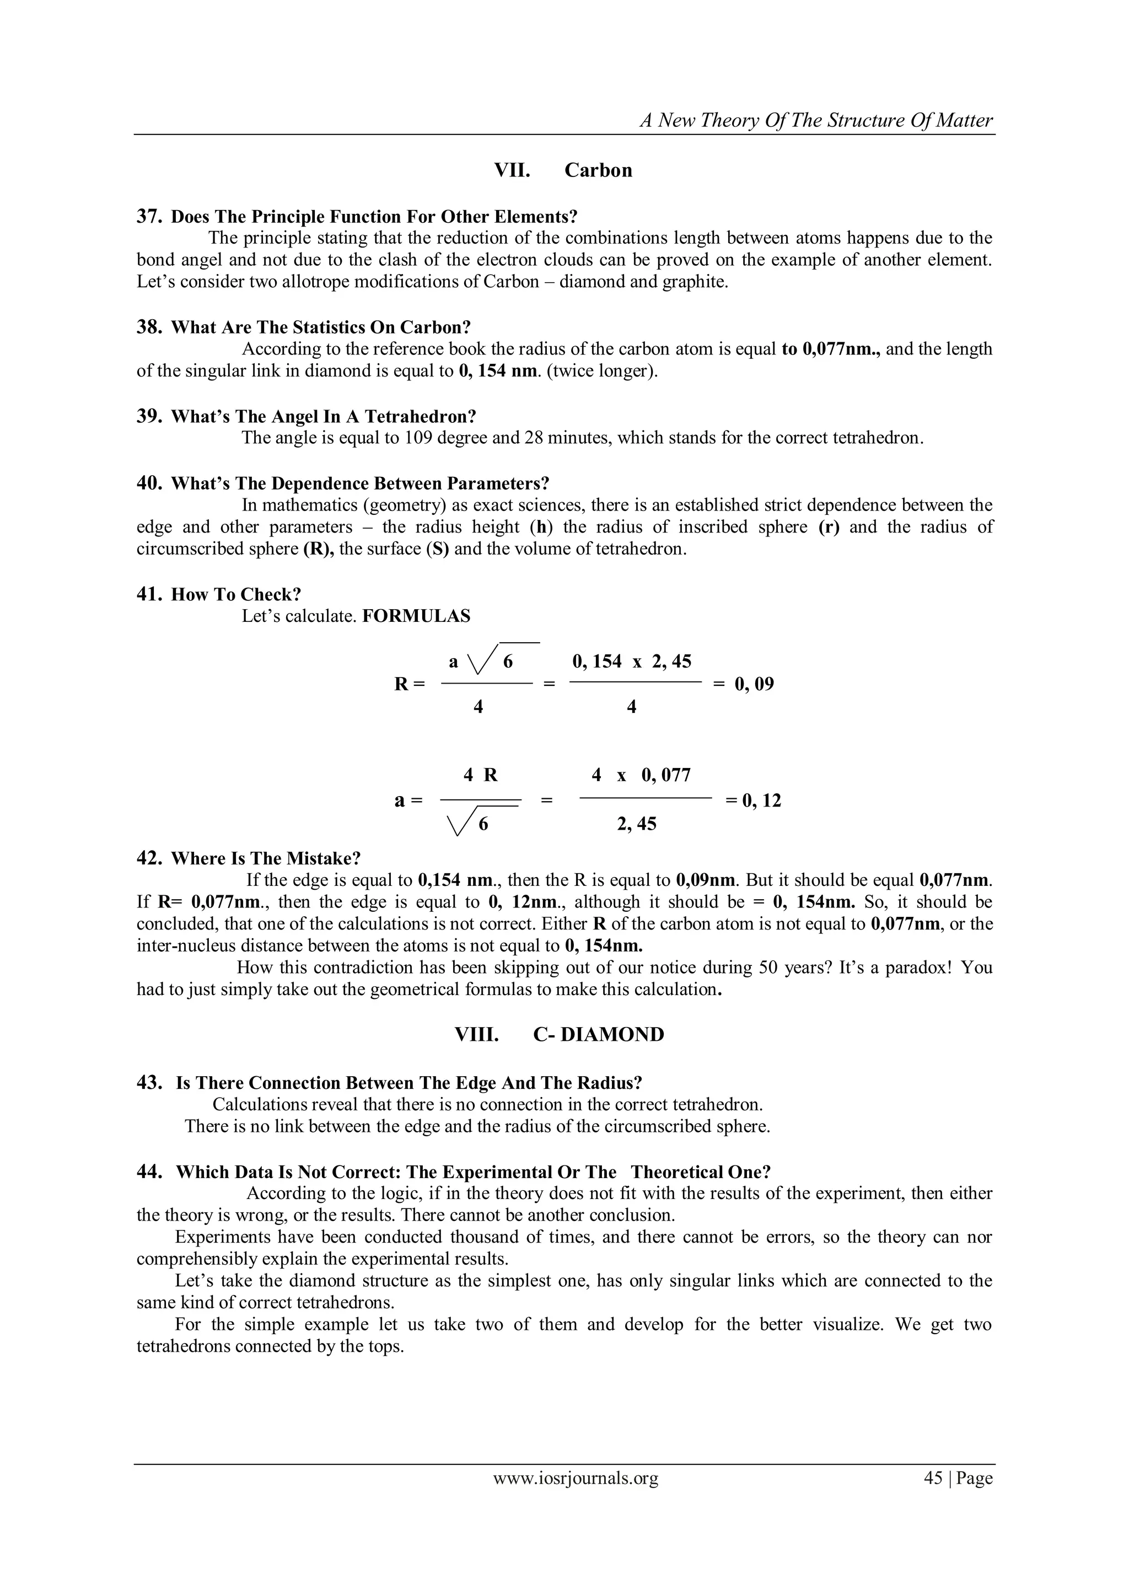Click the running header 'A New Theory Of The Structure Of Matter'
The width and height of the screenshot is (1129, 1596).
816,120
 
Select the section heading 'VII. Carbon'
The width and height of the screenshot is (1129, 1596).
562,170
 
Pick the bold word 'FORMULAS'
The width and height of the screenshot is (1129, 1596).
416,616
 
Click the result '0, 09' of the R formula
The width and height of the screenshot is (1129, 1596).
754,684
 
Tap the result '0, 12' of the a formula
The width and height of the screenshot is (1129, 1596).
761,801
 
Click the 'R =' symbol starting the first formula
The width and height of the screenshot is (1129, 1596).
409,684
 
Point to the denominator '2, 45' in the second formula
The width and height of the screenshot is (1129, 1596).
636,824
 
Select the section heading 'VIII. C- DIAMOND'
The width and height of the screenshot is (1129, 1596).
559,1034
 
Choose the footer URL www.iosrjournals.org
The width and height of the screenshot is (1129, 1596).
576,1478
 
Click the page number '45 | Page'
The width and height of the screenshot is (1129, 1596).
958,1478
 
